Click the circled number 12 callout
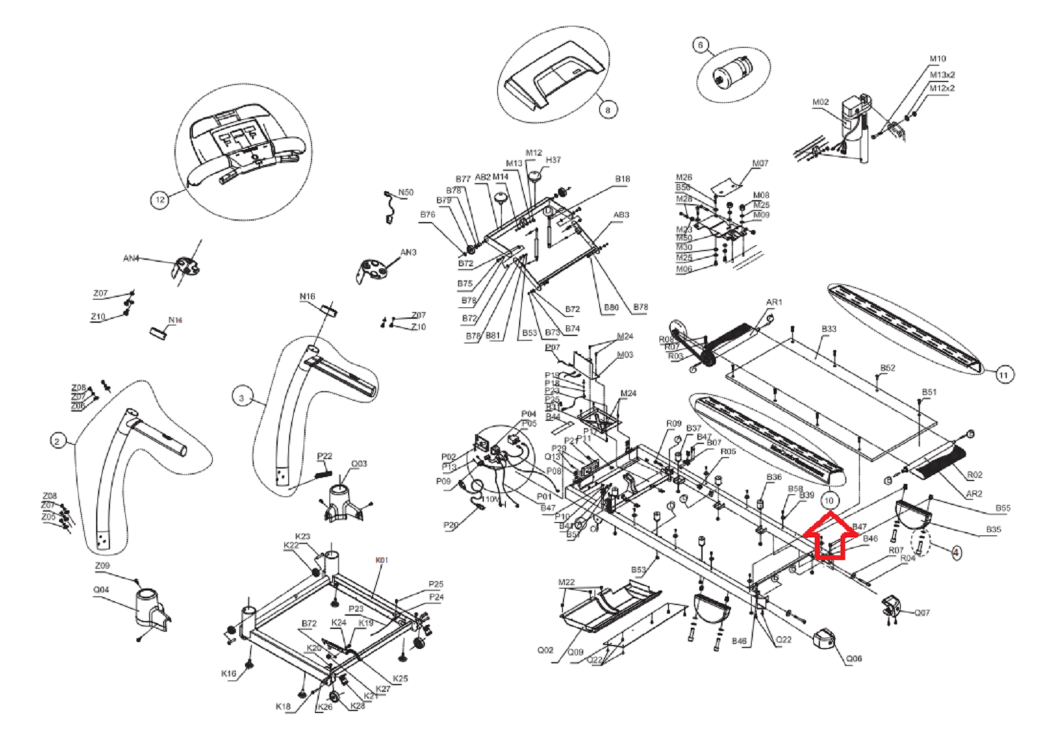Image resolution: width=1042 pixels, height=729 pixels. (x=160, y=199)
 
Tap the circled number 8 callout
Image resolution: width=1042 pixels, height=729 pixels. (x=607, y=110)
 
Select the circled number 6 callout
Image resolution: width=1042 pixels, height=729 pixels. (x=701, y=45)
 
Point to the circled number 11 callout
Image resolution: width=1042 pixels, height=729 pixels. (x=1003, y=375)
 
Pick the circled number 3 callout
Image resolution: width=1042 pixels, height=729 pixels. (x=241, y=398)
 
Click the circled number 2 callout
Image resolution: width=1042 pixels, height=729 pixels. (x=58, y=441)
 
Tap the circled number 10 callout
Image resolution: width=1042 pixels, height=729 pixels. (x=829, y=500)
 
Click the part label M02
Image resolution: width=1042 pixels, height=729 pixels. (x=820, y=102)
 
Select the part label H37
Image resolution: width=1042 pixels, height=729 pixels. (x=553, y=160)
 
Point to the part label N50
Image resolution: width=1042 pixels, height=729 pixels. (x=405, y=192)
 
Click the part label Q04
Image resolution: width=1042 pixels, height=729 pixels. (x=101, y=589)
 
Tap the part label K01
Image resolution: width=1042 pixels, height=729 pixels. (x=382, y=560)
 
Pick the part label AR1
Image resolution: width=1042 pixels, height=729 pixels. (x=774, y=302)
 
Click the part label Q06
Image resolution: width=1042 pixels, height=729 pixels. (x=854, y=658)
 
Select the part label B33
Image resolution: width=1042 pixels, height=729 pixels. (x=829, y=329)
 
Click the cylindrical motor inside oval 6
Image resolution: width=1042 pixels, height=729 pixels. (x=734, y=70)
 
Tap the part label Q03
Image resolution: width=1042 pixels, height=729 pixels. (x=359, y=463)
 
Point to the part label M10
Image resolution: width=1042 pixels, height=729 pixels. (x=937, y=59)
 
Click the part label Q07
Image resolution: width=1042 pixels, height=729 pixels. (x=922, y=612)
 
